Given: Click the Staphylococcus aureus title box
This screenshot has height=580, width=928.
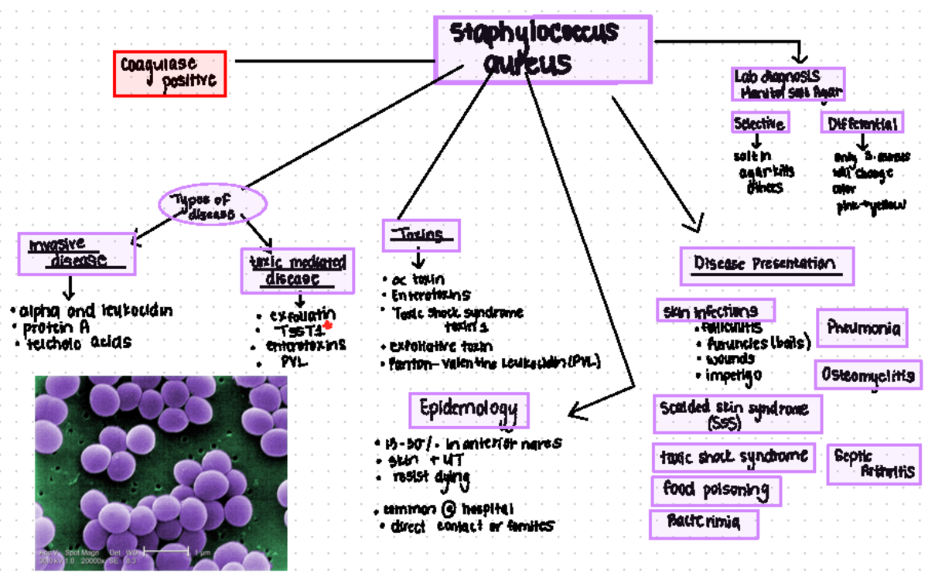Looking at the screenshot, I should pos(543,48).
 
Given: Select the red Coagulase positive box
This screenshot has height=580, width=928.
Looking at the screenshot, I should pos(169,73).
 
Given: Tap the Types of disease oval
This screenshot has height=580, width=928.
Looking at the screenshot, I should pos(213,206).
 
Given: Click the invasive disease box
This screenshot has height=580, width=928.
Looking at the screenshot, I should pos(77,254).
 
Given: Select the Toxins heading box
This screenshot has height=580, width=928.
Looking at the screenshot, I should pos(421,235).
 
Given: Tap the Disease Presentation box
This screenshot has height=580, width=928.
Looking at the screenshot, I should pos(766,265).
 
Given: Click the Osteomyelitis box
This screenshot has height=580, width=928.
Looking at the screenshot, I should pos(868,375).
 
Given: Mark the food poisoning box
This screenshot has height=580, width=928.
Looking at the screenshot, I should pos(715,490).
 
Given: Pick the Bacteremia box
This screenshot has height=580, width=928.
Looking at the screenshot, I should pos(703,524).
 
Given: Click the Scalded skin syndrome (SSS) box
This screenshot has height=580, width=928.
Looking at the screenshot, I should pos(736,414).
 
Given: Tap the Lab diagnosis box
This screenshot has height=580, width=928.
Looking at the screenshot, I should pos(787,84).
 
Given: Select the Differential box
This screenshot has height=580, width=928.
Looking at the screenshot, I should pos(862,123).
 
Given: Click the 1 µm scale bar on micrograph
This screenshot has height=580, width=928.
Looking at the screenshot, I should pos(167,551).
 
